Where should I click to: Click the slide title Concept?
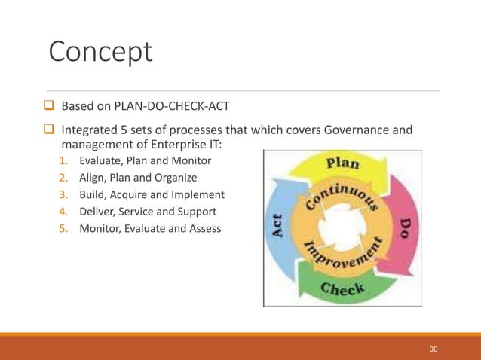coord(100,52)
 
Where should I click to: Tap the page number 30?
coord(433,349)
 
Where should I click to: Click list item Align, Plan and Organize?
coord(138,178)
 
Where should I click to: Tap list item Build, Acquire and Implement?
coord(152,194)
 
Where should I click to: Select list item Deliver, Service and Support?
coord(148,212)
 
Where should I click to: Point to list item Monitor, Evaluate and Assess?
coord(150,228)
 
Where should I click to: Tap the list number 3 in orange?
coord(64,194)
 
